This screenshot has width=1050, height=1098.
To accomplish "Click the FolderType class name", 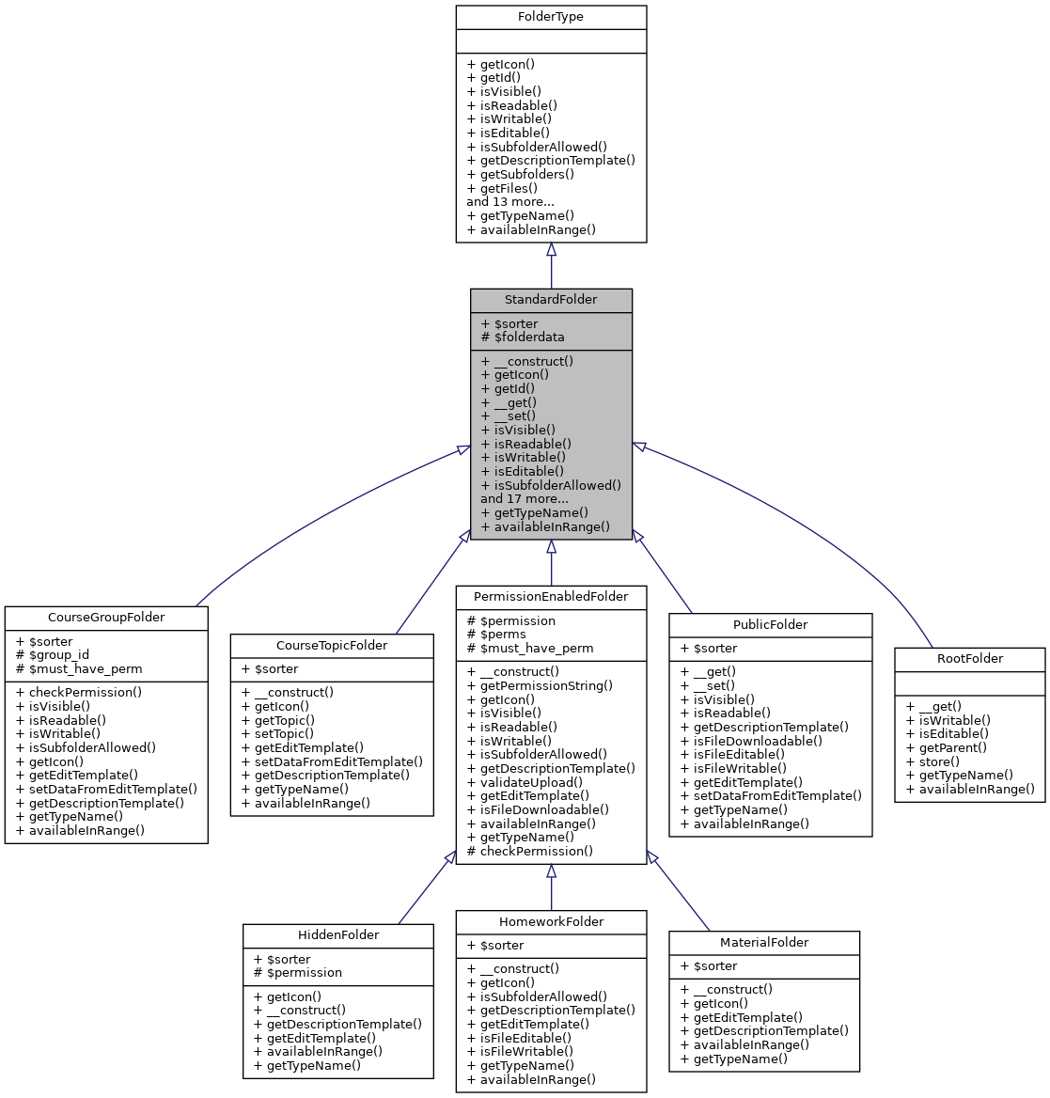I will tap(551, 18).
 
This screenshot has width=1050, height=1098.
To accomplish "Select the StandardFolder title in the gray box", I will tap(551, 300).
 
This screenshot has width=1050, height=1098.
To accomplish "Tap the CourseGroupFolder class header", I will tap(106, 618).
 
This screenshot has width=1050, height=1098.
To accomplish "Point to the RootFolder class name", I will tap(969, 659).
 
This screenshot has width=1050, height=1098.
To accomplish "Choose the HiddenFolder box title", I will tap(338, 935).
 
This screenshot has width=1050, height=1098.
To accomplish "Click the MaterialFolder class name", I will tap(764, 943).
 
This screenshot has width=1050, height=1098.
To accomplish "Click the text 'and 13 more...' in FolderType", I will tap(509, 201).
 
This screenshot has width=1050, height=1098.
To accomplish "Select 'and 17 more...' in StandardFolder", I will tap(524, 499).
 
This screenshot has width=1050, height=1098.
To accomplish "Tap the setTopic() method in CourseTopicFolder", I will tap(277, 733).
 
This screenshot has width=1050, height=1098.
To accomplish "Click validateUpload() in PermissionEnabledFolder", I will tap(525, 782).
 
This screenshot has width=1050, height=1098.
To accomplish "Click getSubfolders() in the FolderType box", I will tap(520, 174).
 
